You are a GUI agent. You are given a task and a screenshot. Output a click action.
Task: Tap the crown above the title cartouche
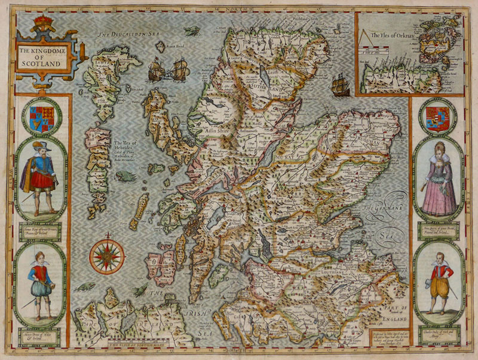click(x=43, y=25)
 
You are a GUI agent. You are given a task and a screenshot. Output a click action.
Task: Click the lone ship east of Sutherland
click(x=340, y=85)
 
